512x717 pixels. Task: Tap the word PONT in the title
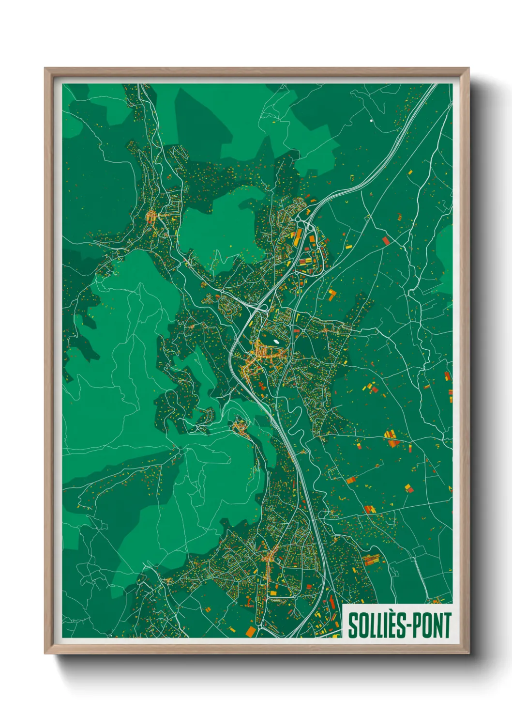430,625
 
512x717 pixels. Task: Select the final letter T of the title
446,625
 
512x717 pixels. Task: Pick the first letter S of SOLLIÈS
352,625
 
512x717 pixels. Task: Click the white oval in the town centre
276,341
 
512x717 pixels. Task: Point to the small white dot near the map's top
371,120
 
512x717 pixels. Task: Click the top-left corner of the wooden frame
45,68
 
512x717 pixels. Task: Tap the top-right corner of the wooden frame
468,68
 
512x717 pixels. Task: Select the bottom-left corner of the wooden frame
45,653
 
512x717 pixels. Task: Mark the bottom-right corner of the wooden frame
468,653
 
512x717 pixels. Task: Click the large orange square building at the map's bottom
251,631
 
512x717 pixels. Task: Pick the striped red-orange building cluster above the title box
371,560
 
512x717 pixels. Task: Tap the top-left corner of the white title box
343,605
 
